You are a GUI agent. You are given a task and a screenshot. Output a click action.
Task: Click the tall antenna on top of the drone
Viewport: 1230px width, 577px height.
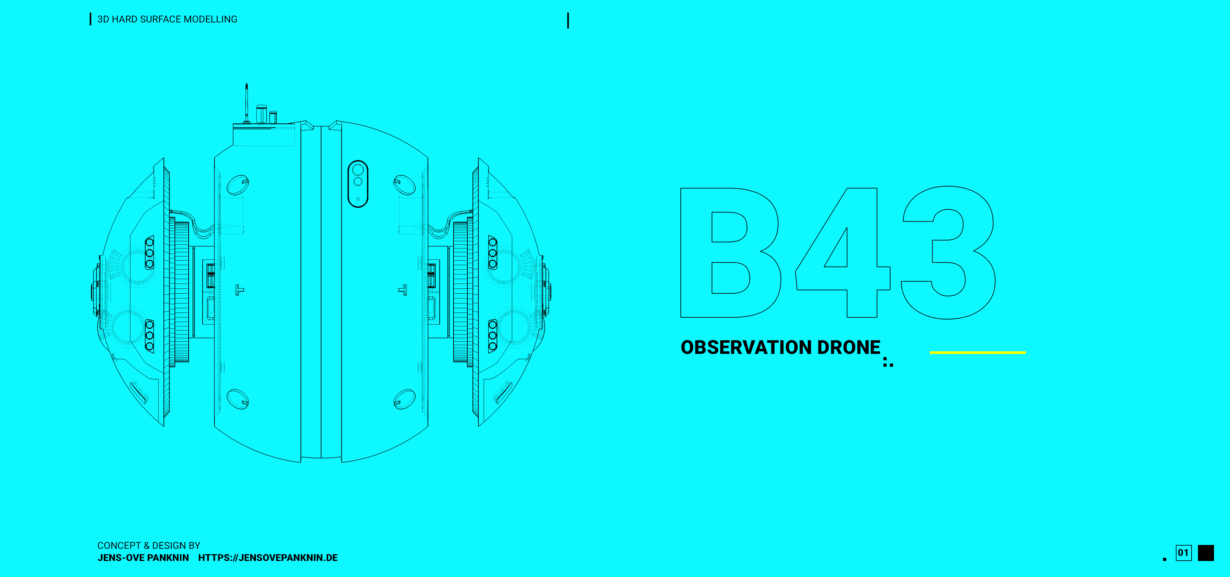click(x=246, y=103)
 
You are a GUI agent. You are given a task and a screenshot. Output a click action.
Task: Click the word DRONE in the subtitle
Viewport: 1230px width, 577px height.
click(x=849, y=347)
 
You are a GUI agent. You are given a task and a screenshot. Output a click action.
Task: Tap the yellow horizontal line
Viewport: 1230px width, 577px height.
click(x=977, y=353)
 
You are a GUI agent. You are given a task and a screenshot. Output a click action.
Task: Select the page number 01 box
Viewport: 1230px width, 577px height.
click(x=1183, y=553)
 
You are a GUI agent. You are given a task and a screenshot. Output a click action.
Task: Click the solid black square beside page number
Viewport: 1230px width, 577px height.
click(x=1206, y=553)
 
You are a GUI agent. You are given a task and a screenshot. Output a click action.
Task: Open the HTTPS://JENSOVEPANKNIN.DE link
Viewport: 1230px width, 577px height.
click(x=268, y=557)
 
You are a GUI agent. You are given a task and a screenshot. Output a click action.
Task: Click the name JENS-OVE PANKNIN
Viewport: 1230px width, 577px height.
click(x=143, y=557)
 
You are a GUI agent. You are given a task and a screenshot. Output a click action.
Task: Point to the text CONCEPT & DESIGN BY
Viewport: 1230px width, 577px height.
click(x=149, y=546)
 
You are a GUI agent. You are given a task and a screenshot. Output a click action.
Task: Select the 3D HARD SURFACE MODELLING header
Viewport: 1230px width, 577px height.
click(x=167, y=19)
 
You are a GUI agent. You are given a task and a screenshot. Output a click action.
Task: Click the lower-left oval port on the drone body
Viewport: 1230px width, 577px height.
click(x=238, y=399)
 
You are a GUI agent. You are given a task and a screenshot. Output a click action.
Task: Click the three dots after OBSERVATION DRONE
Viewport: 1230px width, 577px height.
click(x=888, y=362)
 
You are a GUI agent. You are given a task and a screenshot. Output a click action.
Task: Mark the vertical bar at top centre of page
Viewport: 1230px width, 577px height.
click(x=568, y=21)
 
